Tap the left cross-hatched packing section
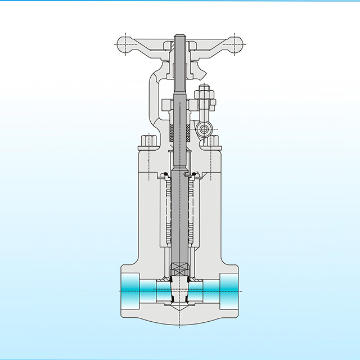172,132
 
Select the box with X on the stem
179,269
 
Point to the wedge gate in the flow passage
179,290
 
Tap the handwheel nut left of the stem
167,46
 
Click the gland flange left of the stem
167,105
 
